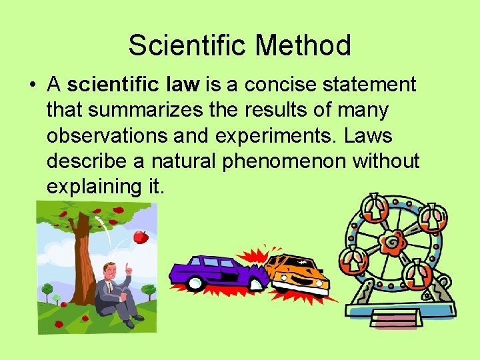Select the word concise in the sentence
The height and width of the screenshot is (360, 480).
[x=265, y=85]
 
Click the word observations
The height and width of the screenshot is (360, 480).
[x=108, y=135]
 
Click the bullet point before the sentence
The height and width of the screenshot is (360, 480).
[x=31, y=85]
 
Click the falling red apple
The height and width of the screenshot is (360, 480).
[x=140, y=237]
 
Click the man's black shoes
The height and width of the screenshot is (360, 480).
[x=137, y=319]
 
